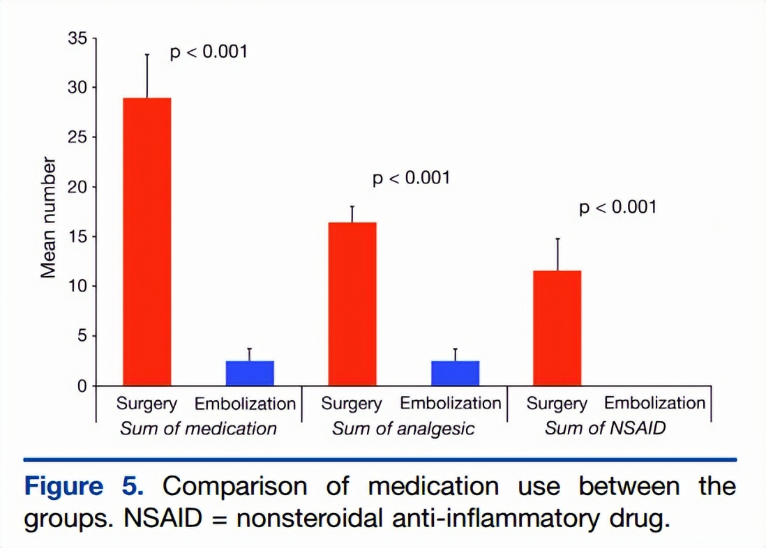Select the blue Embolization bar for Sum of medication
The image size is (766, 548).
coord(250,373)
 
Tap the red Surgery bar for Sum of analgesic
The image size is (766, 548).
coord(352,304)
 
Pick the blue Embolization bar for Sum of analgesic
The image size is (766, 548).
coord(456,373)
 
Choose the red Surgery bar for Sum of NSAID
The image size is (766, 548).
coord(557,328)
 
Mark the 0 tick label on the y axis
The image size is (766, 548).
coord(82,386)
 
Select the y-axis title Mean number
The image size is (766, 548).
coord(48,218)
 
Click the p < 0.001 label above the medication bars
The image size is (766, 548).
coord(209,52)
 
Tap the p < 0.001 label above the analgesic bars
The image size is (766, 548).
coord(412,178)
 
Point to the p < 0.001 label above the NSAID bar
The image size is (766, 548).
coord(618,207)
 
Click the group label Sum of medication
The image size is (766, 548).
coord(198,427)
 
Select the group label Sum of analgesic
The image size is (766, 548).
coord(403,427)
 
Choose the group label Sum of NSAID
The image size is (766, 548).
coord(606,427)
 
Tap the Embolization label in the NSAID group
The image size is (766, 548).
coord(654,404)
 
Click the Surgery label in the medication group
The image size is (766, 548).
coord(147,404)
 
